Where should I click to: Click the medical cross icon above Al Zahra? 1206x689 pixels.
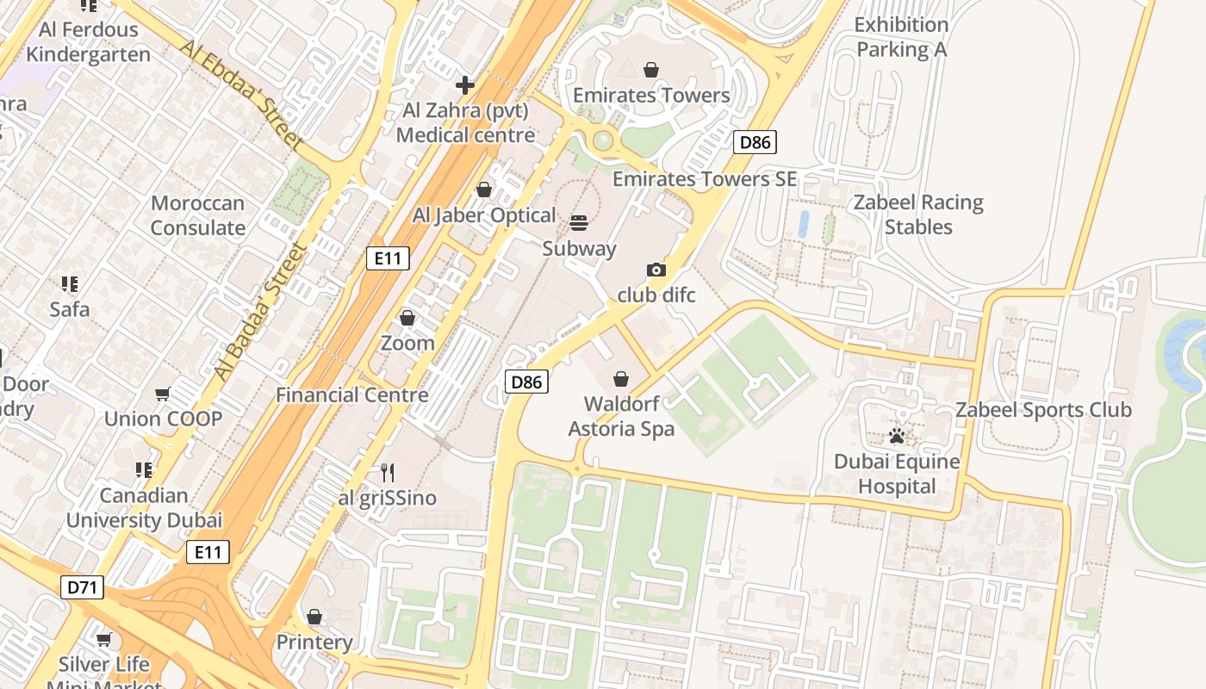tap(465, 84)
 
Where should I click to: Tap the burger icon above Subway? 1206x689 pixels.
tap(579, 223)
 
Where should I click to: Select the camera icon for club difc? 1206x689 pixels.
tap(656, 270)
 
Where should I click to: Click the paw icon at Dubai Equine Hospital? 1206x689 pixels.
tap(897, 436)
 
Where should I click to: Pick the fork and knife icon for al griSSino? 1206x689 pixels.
tap(388, 472)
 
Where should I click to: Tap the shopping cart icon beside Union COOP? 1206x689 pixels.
tap(163, 394)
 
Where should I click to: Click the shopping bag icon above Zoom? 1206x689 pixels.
tap(407, 318)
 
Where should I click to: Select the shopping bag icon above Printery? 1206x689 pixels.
tap(314, 617)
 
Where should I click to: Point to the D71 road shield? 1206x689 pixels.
tap(83, 587)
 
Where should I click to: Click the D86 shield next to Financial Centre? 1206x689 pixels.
tap(526, 382)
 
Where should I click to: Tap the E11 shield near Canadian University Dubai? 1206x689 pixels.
tap(208, 552)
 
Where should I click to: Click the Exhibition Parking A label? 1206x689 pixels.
tap(901, 37)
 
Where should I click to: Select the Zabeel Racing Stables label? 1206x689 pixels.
tap(918, 214)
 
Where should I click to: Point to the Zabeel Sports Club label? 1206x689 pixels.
tap(1043, 410)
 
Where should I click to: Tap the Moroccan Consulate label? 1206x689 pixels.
tap(198, 215)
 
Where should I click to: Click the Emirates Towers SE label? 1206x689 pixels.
tap(705, 179)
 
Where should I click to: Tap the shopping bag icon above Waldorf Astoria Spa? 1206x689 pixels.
tap(621, 379)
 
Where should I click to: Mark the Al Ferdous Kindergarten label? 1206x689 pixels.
tap(88, 41)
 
